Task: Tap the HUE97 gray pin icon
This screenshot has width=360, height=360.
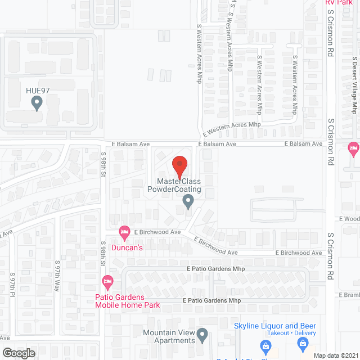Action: pos(37,103)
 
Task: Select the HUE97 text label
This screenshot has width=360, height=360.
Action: pos(37,90)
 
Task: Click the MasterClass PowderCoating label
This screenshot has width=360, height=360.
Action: pos(174,185)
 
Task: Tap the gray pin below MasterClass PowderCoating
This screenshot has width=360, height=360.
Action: pos(188,200)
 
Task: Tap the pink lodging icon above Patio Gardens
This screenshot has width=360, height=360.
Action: pos(107,281)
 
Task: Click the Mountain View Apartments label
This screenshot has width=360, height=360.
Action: pos(169,336)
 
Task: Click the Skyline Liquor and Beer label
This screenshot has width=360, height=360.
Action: pos(275,326)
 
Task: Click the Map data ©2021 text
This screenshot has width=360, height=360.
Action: pos(336,355)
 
